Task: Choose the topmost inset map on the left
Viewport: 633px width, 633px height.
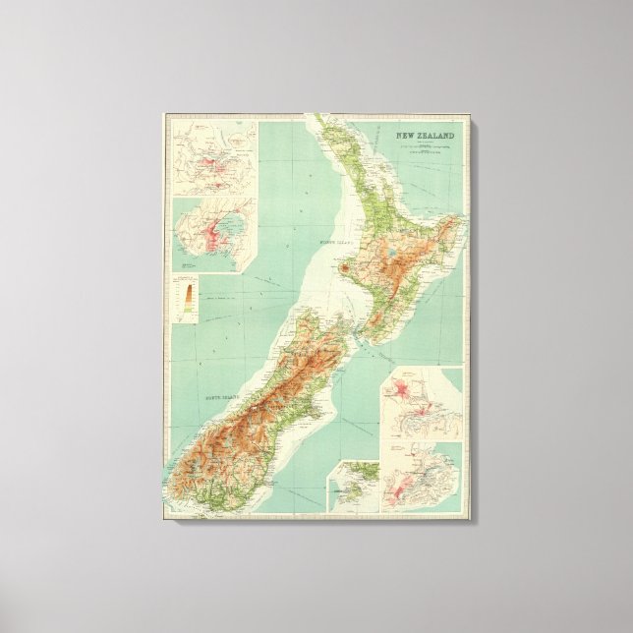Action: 213,157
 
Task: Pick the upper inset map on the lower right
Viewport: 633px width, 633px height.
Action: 421,404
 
